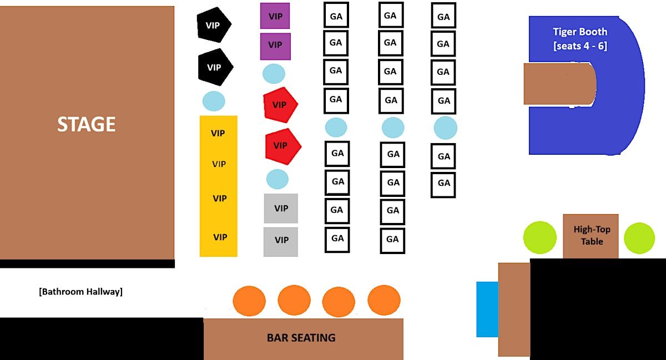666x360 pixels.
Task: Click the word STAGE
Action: pos(86,124)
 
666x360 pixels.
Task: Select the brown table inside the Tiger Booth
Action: pos(560,84)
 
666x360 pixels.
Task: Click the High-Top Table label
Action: pos(592,235)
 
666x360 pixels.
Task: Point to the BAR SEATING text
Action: pos(301,338)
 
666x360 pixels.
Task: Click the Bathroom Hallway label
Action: pos(81,292)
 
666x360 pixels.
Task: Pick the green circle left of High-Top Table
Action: pos(540,237)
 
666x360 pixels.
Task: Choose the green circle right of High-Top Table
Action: pos(639,238)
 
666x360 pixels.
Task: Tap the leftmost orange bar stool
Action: pos(249,301)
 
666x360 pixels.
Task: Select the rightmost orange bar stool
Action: pos(384,300)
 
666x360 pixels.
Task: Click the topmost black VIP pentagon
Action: pos(214,25)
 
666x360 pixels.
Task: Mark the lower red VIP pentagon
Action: pos(282,146)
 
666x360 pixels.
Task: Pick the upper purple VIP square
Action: pos(275,16)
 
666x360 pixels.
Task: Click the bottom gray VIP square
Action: pos(281,242)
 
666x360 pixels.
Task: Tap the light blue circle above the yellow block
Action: pos(214,101)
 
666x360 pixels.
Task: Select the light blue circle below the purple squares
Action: pos(274,74)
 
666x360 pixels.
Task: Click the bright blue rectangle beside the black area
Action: pos(487,310)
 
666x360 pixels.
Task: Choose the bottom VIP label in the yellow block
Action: pos(220,237)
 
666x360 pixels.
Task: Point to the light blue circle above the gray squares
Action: pos(277,179)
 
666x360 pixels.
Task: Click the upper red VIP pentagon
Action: pos(280,105)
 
